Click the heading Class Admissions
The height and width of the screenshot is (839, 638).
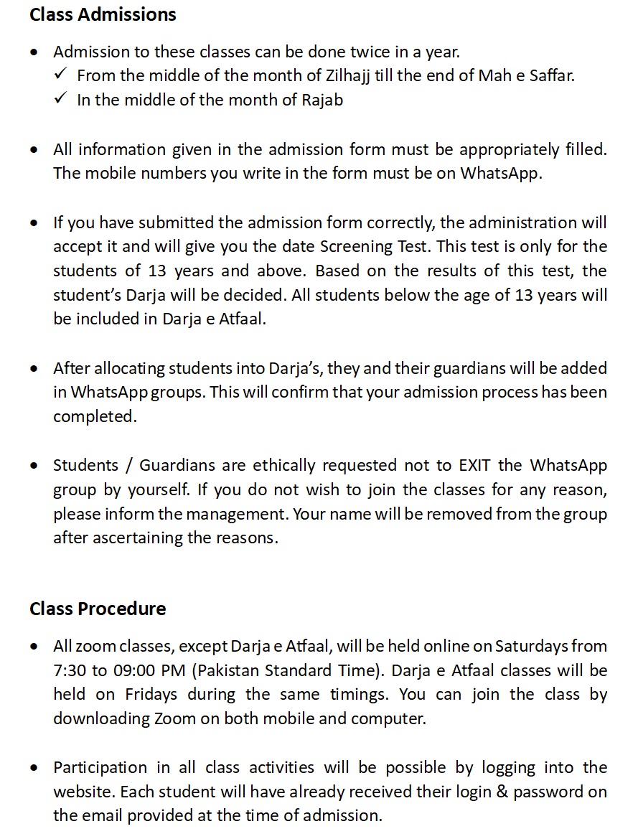click(x=103, y=14)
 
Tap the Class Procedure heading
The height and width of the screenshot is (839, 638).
click(x=98, y=609)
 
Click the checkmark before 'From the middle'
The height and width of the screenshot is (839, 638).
click(x=60, y=75)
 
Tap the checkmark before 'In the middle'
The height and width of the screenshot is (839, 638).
click(x=60, y=99)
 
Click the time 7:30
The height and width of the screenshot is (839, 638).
click(x=69, y=670)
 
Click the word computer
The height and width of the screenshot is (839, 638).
click(x=392, y=719)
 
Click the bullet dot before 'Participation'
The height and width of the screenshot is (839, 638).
click(x=35, y=768)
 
